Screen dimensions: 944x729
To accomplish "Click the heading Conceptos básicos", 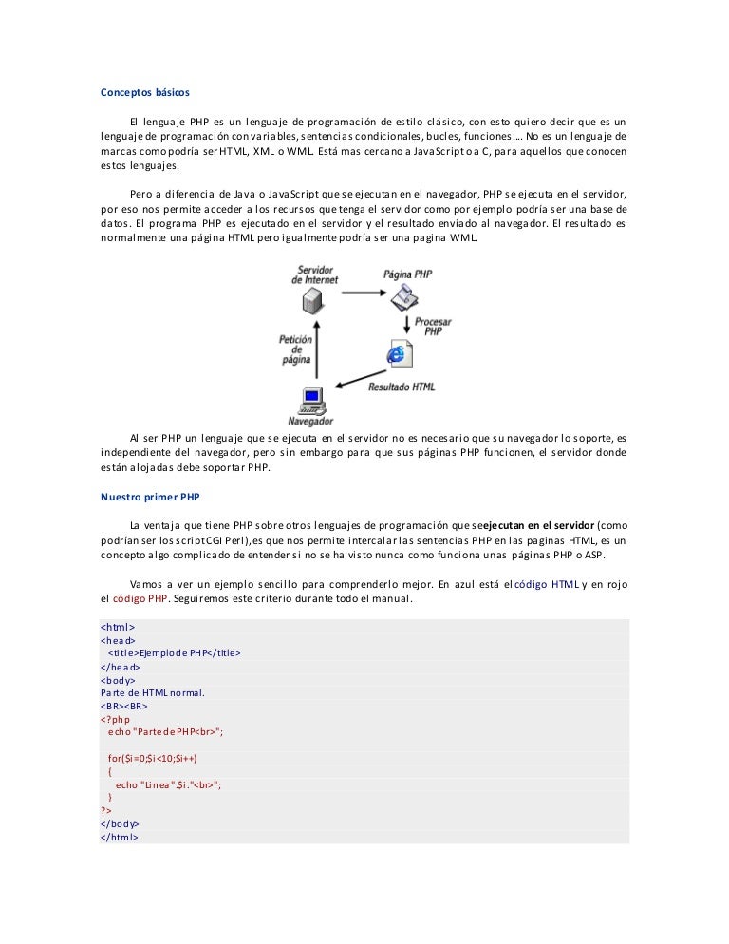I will coord(145,93).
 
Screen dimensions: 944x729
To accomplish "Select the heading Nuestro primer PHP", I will coord(150,496).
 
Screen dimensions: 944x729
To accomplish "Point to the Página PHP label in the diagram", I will coord(408,274).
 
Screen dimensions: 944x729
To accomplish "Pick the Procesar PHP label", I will coord(432,327).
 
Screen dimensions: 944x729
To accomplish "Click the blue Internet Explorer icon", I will coord(397,354).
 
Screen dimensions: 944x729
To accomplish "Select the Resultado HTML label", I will coord(402,387).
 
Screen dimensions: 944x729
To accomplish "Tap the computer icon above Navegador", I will coord(310,398).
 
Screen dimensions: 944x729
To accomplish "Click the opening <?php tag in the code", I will coord(115,719).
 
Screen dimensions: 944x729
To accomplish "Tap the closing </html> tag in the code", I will coord(120,837).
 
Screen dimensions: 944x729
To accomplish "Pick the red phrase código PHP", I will coord(140,599).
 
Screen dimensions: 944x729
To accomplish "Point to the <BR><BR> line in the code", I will coord(123,706).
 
